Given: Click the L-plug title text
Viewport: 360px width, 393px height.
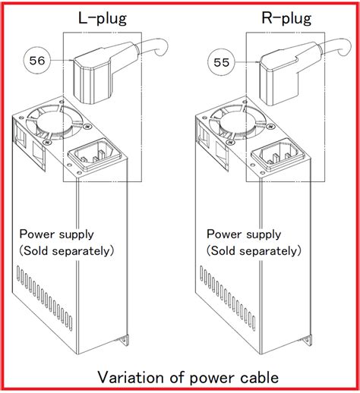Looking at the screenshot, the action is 103,19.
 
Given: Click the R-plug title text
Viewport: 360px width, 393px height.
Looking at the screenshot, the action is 286,19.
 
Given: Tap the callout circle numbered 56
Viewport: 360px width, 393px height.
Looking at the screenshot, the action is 37,61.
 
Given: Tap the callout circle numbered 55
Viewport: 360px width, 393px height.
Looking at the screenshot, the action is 221,62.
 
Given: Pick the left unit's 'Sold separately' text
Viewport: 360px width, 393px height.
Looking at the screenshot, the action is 67,251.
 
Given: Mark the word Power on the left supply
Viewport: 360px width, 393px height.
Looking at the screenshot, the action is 37,234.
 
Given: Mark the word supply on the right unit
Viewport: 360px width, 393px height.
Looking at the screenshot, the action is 264,235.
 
